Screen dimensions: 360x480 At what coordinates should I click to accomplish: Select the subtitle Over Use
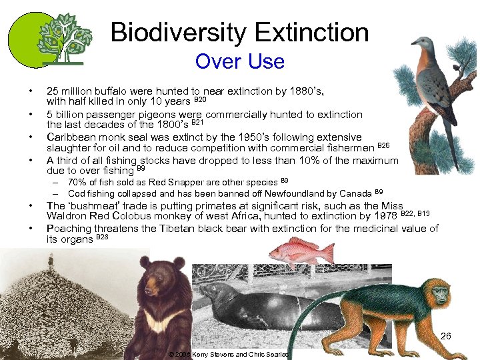[x=239, y=62]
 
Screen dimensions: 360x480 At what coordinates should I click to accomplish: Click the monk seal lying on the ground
[x=260, y=301]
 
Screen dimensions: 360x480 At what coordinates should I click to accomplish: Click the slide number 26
[x=445, y=336]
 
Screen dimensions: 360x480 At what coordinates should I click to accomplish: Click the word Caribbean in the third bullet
[x=71, y=137]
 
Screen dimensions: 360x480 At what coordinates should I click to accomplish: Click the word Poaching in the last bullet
[x=69, y=229]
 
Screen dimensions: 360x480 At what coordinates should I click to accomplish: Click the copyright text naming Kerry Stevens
[x=227, y=355]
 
